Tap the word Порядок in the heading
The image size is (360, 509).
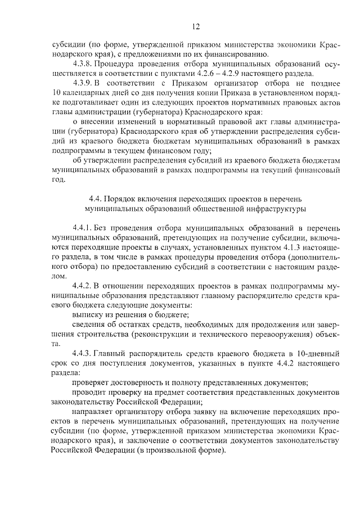[127, 199]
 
